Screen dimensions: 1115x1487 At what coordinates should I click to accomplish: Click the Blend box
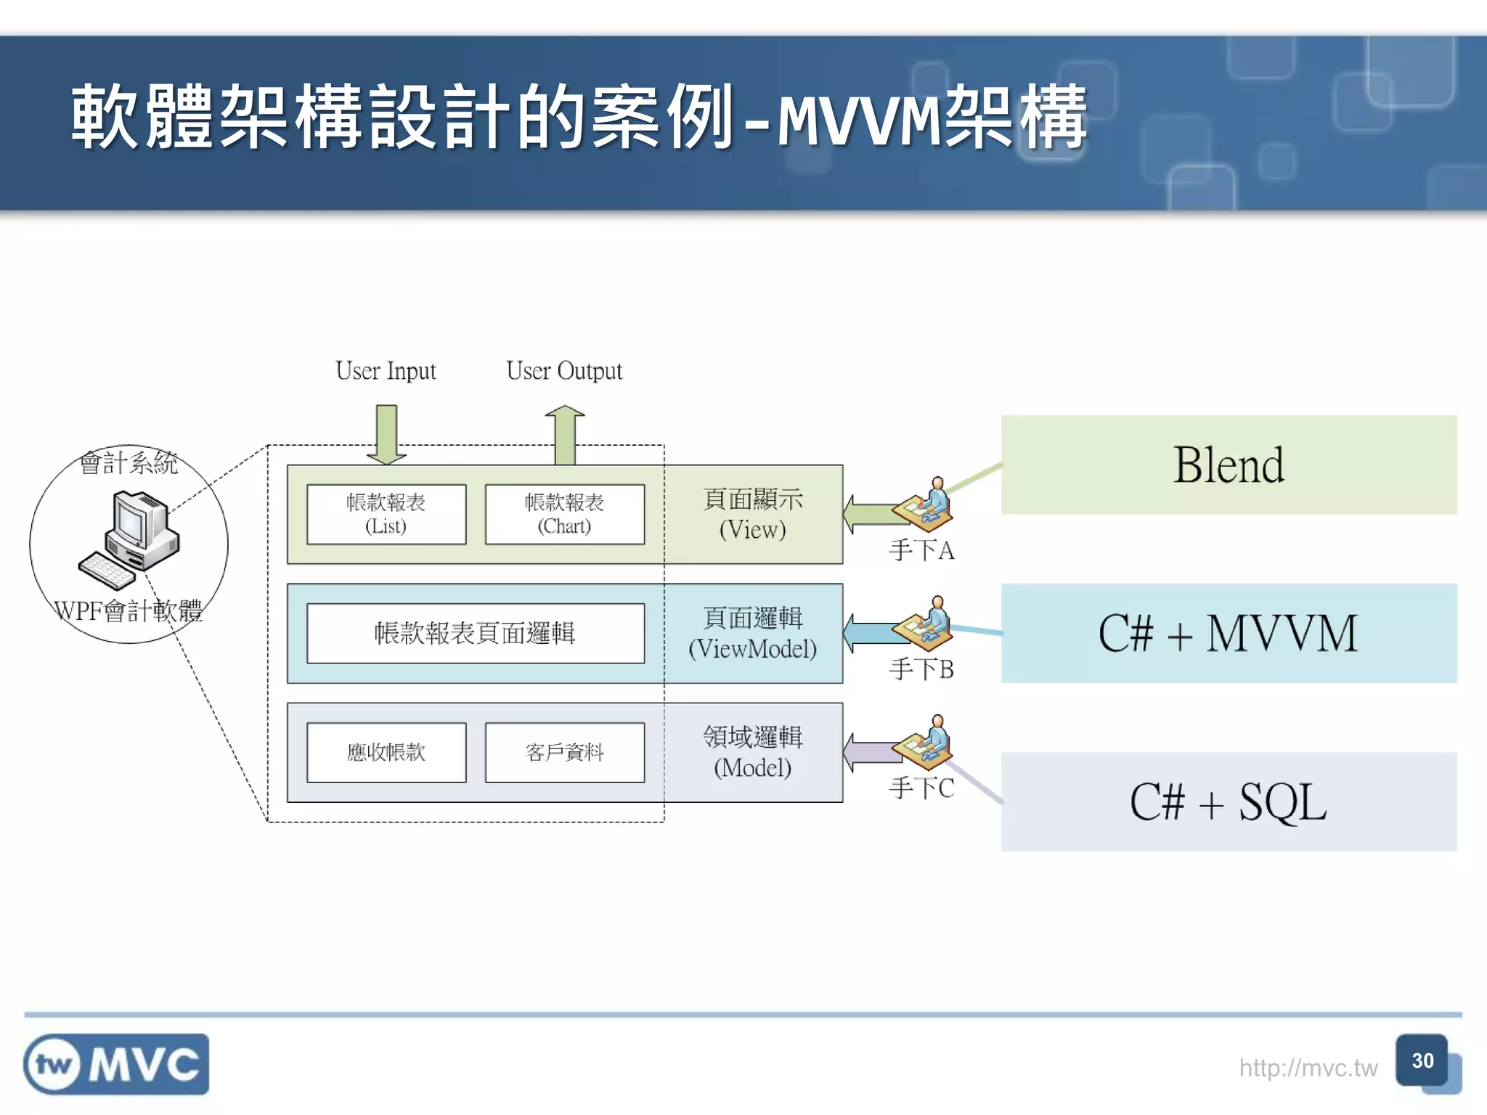click(x=1229, y=465)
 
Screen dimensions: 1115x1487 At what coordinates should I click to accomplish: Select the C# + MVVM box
click(x=1229, y=633)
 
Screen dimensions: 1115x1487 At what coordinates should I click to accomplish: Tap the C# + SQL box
click(x=1229, y=801)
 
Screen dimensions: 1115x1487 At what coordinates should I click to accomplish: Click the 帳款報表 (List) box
click(x=386, y=514)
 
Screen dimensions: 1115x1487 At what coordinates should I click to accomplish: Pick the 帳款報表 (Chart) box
click(x=564, y=514)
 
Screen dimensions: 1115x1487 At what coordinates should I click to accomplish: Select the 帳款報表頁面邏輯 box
click(x=475, y=633)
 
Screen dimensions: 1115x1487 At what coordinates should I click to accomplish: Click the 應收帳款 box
click(x=386, y=752)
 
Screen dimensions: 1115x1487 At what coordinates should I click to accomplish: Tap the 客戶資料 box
click(x=564, y=752)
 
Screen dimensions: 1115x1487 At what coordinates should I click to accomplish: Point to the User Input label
click(x=386, y=371)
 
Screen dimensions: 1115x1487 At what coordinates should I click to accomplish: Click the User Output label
click(x=564, y=371)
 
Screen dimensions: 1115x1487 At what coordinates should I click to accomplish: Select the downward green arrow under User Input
click(x=386, y=434)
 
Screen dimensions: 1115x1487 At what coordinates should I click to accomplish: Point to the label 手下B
click(x=921, y=669)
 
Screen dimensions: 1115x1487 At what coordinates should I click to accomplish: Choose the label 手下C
click(x=921, y=788)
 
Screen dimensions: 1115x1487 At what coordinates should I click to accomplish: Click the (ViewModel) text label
click(x=752, y=649)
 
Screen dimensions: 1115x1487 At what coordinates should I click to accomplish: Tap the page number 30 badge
click(x=1422, y=1061)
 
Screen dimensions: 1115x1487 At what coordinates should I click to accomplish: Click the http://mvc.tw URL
click(x=1308, y=1068)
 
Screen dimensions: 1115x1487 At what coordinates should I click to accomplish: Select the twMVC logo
click(x=116, y=1064)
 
